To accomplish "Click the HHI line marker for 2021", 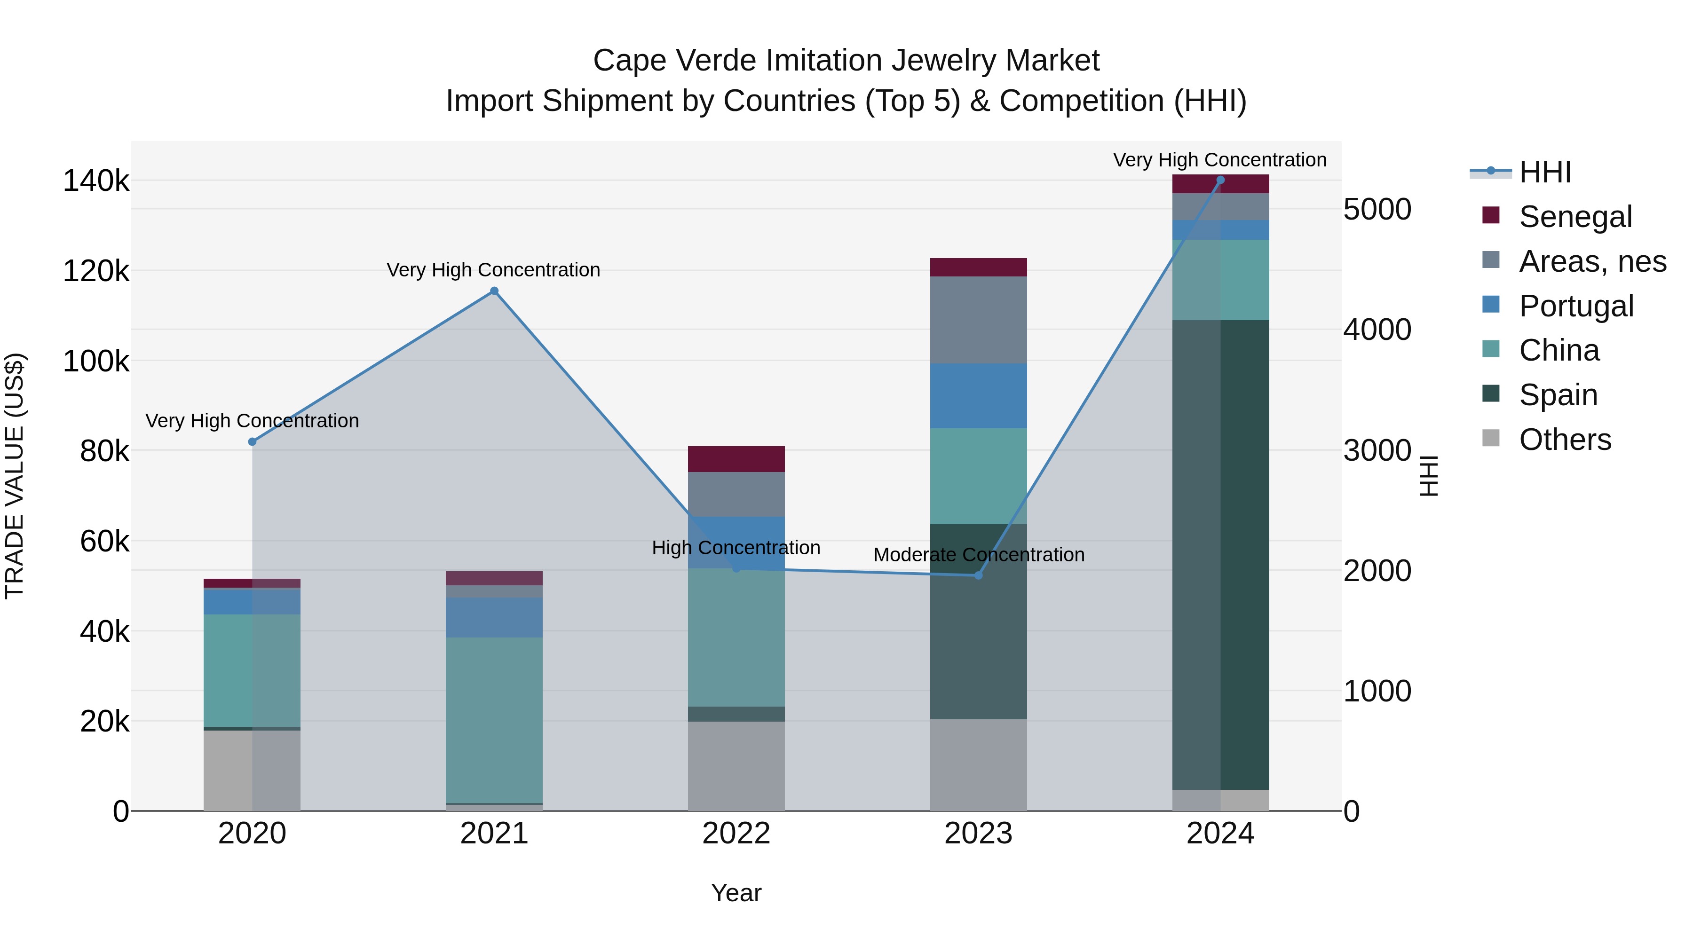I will pos(494,291).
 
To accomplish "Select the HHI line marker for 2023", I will pos(978,575).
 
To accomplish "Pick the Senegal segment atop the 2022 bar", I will pos(736,458).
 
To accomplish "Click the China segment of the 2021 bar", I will pos(494,719).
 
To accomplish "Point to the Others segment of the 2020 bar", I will pos(253,770).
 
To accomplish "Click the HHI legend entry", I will pos(1544,172).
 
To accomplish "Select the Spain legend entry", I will pos(1558,395).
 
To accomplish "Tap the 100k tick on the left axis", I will pos(96,361).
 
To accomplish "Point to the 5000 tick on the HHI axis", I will pos(1377,210).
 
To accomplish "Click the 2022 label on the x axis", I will pos(736,834).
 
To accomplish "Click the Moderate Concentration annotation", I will pos(978,555).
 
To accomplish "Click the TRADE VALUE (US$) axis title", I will pos(15,476).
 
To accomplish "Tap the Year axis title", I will pos(736,893).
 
